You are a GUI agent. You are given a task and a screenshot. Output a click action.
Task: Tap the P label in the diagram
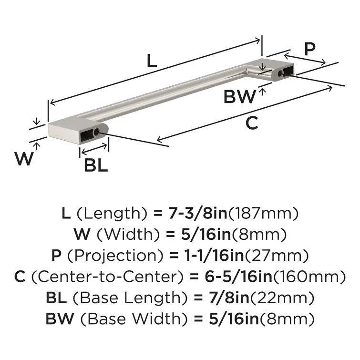click(x=310, y=49)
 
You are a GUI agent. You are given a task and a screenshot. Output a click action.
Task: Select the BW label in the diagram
click(x=239, y=97)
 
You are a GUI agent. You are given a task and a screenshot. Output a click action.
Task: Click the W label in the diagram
click(x=24, y=158)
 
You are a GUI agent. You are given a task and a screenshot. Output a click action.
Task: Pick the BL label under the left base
click(x=95, y=165)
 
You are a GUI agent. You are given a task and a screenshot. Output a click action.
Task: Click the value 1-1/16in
click(x=214, y=255)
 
